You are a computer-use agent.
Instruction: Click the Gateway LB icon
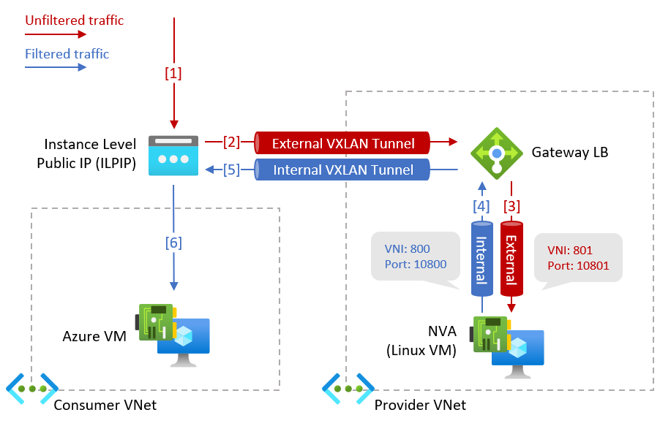[496, 153]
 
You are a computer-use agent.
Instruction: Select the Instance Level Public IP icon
[173, 155]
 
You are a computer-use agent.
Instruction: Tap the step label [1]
[173, 73]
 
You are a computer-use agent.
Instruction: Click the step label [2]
[232, 142]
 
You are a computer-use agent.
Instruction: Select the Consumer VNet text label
[105, 405]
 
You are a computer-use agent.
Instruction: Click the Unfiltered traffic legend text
[75, 20]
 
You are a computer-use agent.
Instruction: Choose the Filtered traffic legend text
[67, 54]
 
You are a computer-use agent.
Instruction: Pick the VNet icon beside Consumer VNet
[31, 389]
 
